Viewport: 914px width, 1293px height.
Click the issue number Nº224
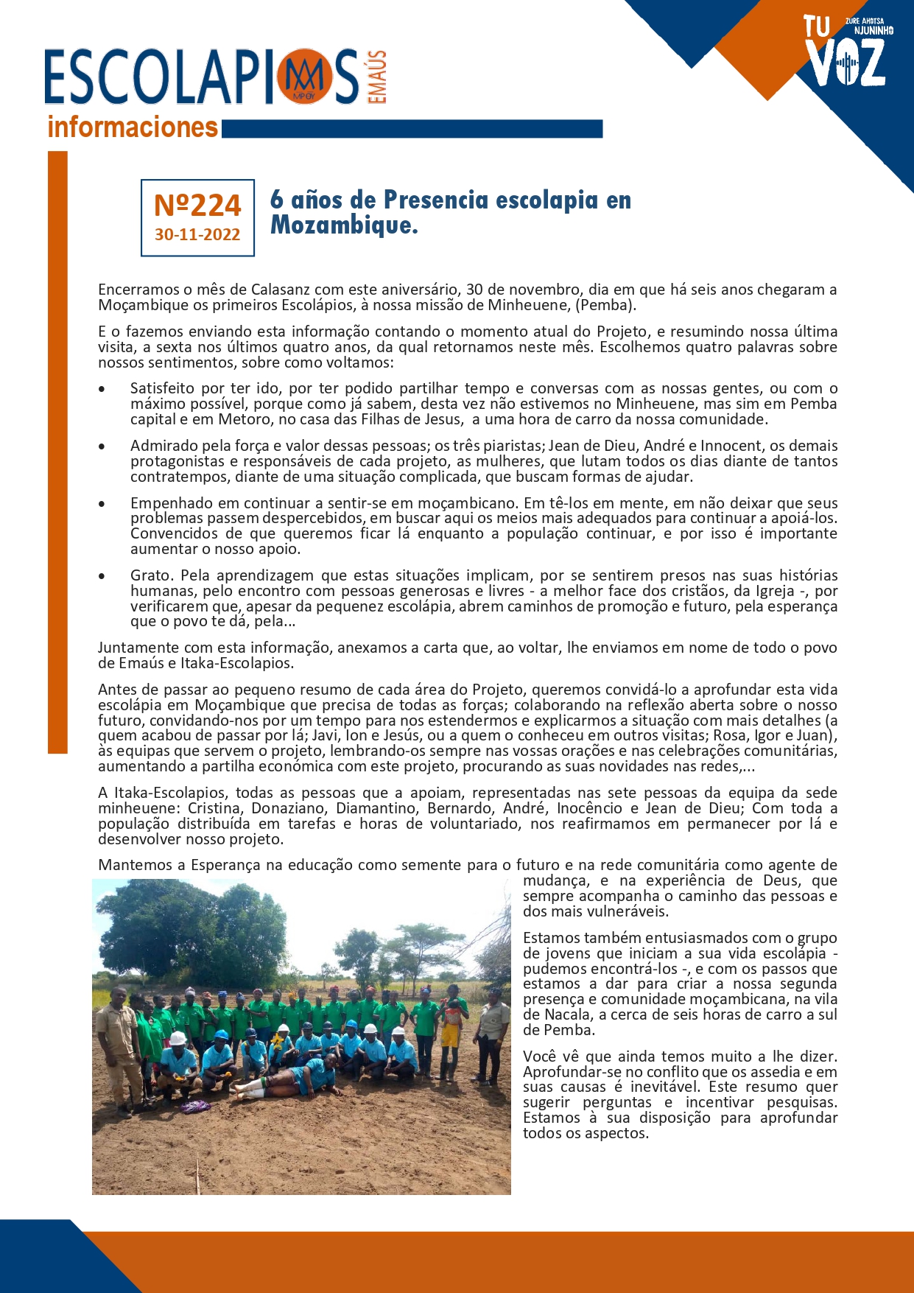197,205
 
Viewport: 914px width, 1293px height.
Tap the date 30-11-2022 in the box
197,234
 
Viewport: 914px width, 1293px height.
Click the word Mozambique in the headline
344,225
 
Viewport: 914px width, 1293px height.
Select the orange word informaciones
133,127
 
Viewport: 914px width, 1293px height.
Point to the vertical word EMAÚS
376,77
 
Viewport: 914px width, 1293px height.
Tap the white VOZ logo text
847,63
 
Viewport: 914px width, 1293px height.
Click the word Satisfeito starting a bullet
162,388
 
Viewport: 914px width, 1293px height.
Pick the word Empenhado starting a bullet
166,503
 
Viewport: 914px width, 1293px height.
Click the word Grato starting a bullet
150,575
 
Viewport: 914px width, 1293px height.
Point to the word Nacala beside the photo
567,1015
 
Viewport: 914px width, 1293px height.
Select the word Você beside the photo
541,1057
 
